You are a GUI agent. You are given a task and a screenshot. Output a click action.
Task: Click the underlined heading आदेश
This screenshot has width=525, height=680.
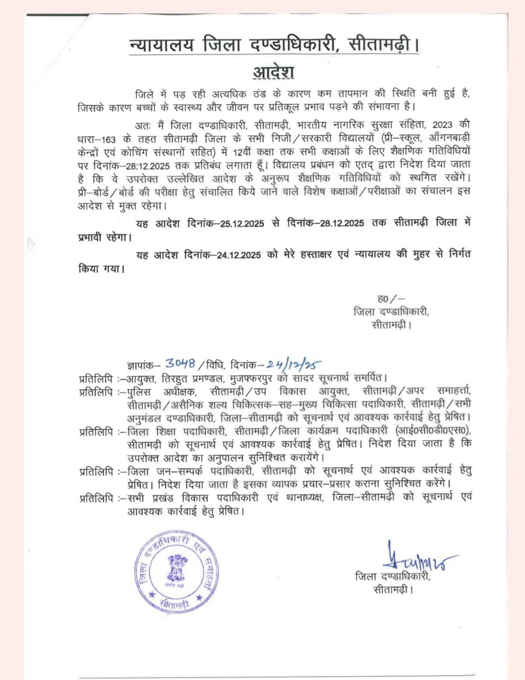coord(270,73)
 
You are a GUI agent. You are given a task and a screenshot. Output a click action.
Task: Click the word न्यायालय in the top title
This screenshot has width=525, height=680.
coord(160,44)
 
